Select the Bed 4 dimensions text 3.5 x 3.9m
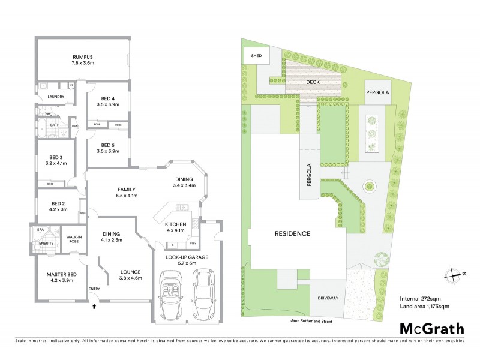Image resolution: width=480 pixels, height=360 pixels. point(107,104)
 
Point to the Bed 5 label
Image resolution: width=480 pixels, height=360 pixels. point(107,145)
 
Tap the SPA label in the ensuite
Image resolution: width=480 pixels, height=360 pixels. point(41,229)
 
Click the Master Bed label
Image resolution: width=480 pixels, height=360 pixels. point(60,275)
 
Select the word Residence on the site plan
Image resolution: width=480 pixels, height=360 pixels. point(293,233)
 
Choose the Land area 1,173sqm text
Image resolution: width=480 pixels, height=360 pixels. point(424,307)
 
